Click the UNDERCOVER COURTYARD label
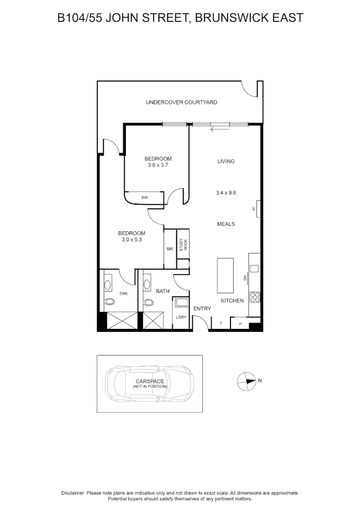click(x=181, y=102)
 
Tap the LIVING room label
click(x=226, y=162)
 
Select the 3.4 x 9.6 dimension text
click(x=226, y=193)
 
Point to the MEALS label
click(x=226, y=224)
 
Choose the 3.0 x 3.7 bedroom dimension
click(x=158, y=165)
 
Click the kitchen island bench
click(x=225, y=275)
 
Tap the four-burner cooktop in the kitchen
click(x=254, y=297)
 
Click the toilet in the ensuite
click(x=109, y=302)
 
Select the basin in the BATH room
click(x=147, y=284)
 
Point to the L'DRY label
click(x=181, y=317)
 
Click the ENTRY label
click(x=202, y=309)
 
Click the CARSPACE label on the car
click(x=150, y=381)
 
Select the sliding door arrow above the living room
click(x=220, y=129)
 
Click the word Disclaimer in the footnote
click(x=73, y=493)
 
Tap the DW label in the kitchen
click(x=245, y=278)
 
